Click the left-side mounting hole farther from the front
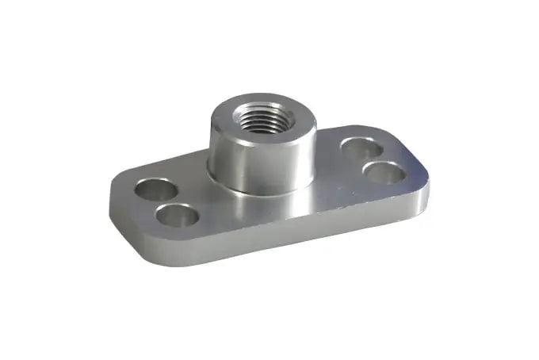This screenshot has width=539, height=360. (155, 190)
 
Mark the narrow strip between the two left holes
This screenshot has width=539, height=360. (167, 204)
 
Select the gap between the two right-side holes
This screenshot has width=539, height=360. (372, 159)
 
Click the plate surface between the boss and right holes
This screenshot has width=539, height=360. (333, 159)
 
